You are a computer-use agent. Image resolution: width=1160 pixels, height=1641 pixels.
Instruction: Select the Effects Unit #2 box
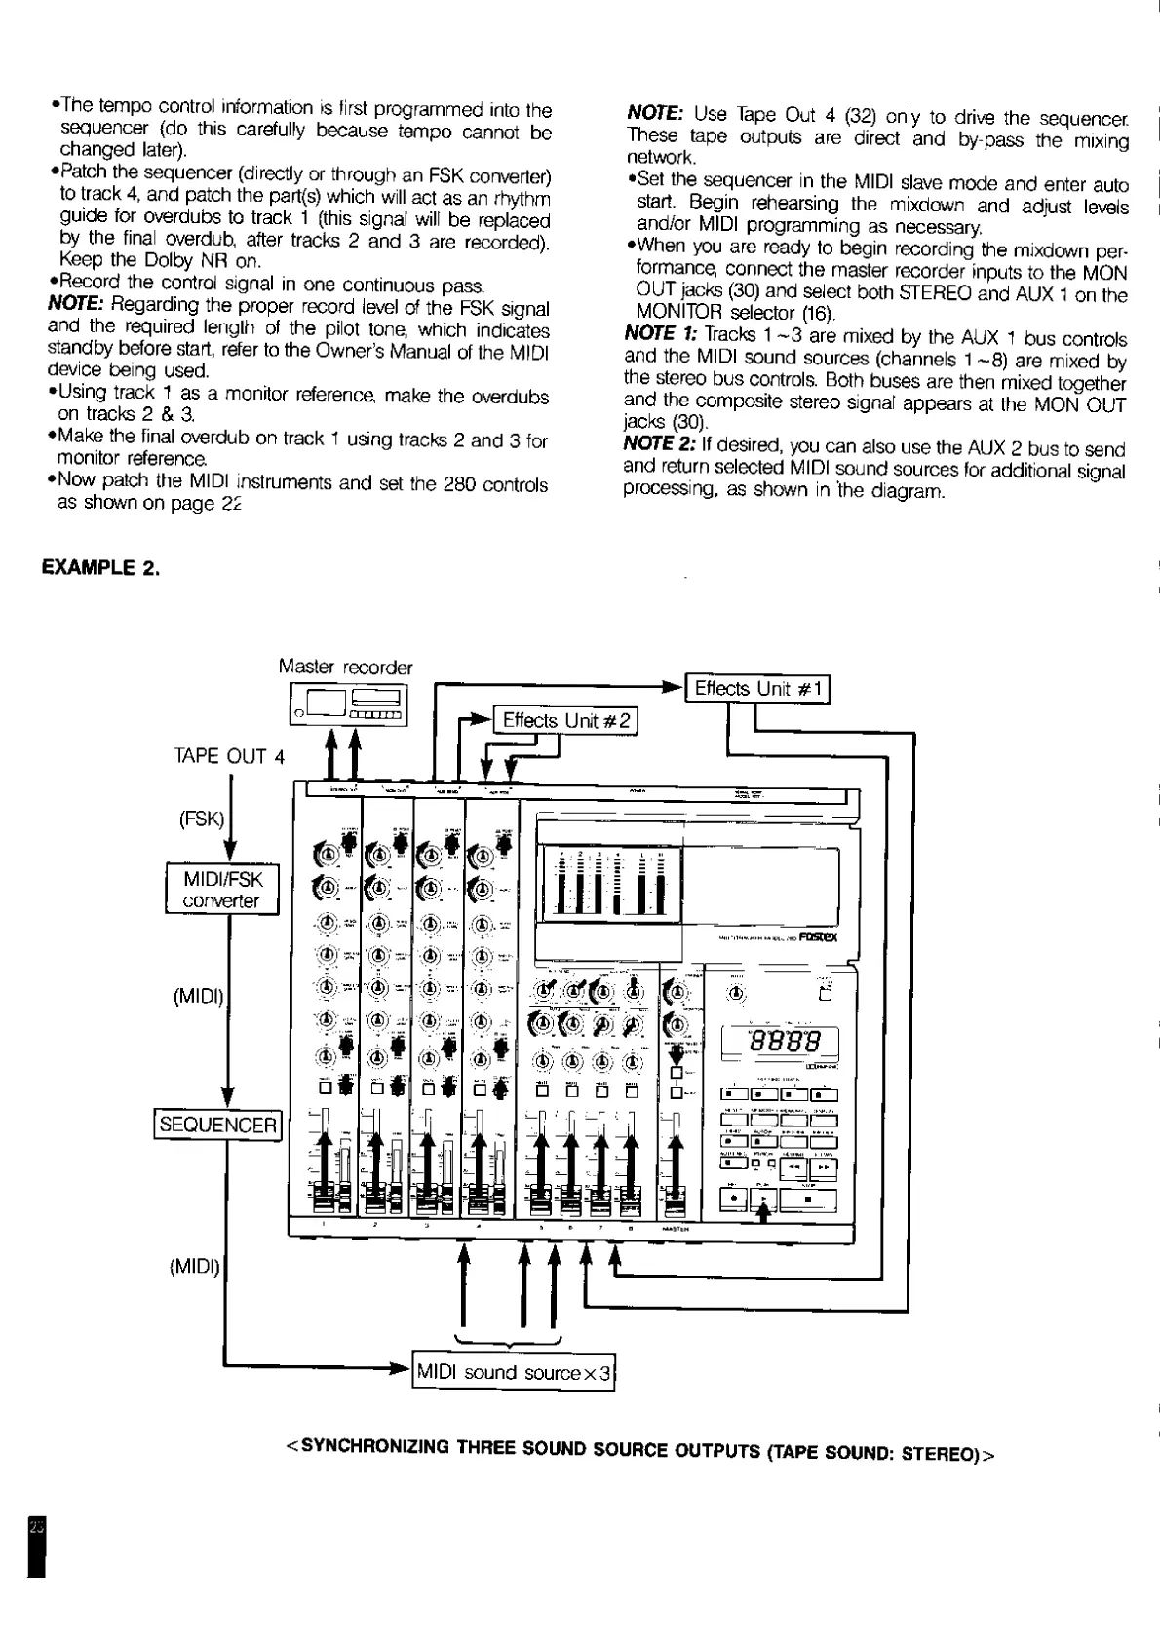[x=566, y=721]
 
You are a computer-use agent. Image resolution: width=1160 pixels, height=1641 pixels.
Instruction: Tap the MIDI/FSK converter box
[x=222, y=890]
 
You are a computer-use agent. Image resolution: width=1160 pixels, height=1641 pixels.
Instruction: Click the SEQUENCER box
[x=218, y=1125]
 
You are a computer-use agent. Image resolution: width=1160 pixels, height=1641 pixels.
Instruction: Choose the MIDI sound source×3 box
[x=515, y=1373]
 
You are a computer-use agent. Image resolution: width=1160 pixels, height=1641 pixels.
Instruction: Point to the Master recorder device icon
[x=348, y=704]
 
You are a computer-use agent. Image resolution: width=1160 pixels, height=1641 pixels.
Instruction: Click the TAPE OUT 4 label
[x=229, y=756]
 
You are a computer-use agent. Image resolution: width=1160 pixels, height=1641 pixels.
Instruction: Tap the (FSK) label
[x=202, y=819]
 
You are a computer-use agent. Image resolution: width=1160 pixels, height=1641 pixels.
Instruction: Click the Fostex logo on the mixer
[x=818, y=938]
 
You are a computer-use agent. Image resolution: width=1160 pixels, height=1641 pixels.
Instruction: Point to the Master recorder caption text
[x=345, y=668]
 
